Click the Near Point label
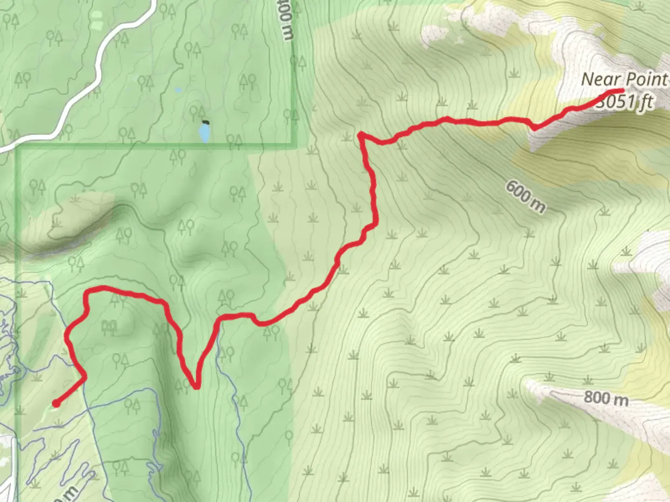[x=624, y=79]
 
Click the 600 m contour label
[x=525, y=196]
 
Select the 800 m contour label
[x=606, y=398]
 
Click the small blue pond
[x=204, y=134]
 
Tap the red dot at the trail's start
[x=56, y=403]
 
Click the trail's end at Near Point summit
[x=622, y=90]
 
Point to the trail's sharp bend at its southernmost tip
[x=196, y=386]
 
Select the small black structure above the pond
[x=205, y=122]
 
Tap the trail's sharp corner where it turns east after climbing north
[x=361, y=135]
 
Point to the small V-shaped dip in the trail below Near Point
[x=534, y=128]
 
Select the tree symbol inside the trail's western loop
[x=109, y=327]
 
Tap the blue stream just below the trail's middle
[x=219, y=339]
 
